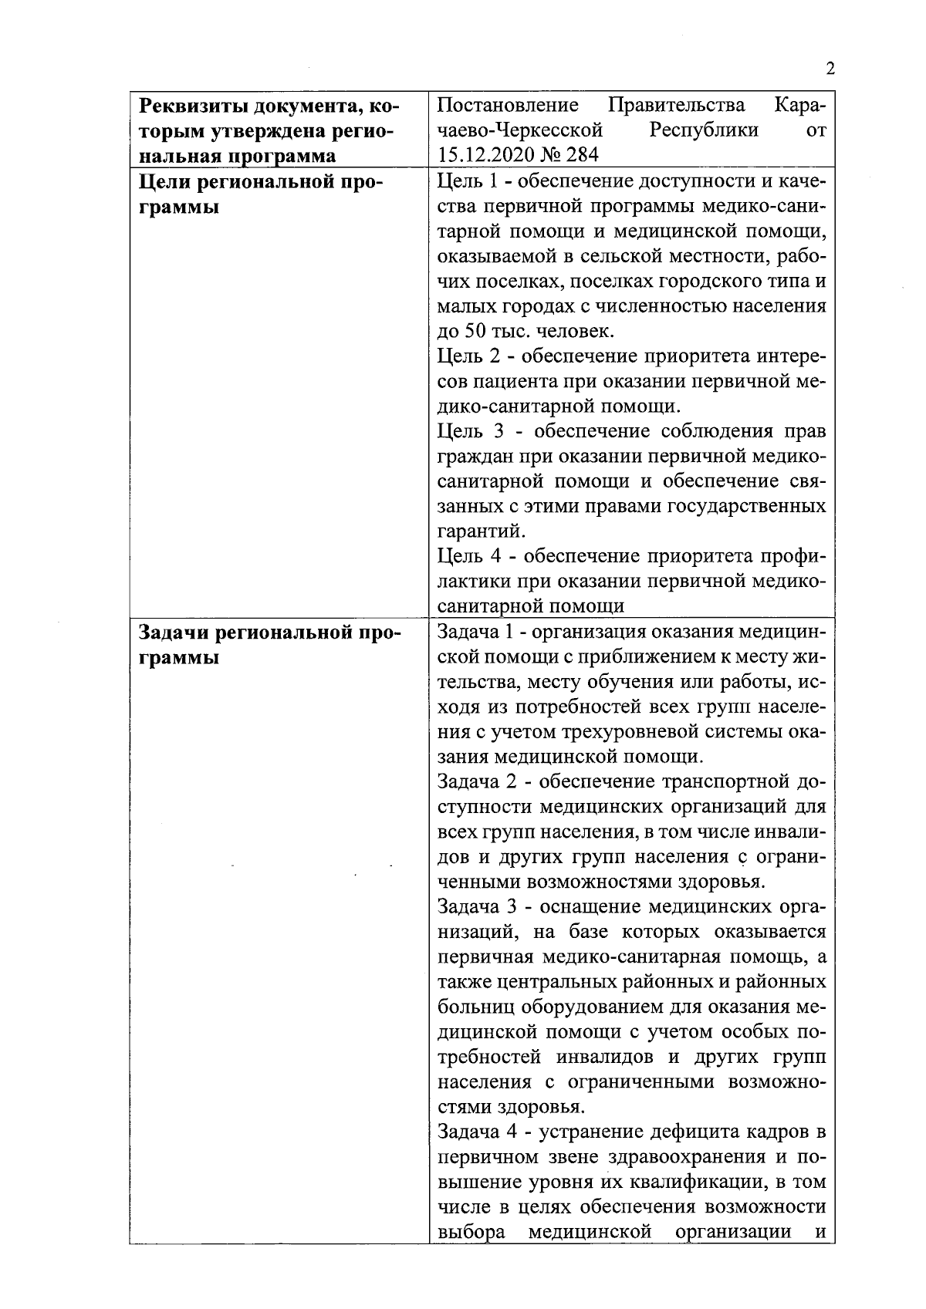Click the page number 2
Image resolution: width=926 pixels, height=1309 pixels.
point(830,69)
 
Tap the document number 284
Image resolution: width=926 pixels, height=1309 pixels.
point(581,154)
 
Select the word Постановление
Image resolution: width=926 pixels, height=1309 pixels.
point(508,105)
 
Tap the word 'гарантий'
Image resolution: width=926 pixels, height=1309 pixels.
point(480,531)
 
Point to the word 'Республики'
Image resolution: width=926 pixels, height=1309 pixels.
point(704,130)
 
